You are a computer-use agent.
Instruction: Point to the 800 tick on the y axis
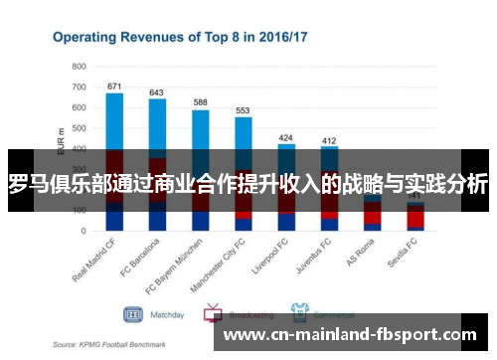[79, 66]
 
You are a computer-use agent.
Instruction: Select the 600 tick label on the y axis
[79, 107]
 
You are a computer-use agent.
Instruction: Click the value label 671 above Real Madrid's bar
[114, 87]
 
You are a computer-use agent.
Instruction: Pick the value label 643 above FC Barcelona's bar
[157, 92]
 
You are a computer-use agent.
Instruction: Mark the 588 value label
[200, 103]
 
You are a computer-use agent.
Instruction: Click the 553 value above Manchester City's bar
[243, 111]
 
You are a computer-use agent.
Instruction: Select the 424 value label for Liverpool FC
[286, 137]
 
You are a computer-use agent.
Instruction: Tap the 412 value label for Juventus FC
[329, 140]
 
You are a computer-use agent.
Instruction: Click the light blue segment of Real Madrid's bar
[114, 119]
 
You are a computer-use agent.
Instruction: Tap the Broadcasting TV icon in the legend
[213, 314]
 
